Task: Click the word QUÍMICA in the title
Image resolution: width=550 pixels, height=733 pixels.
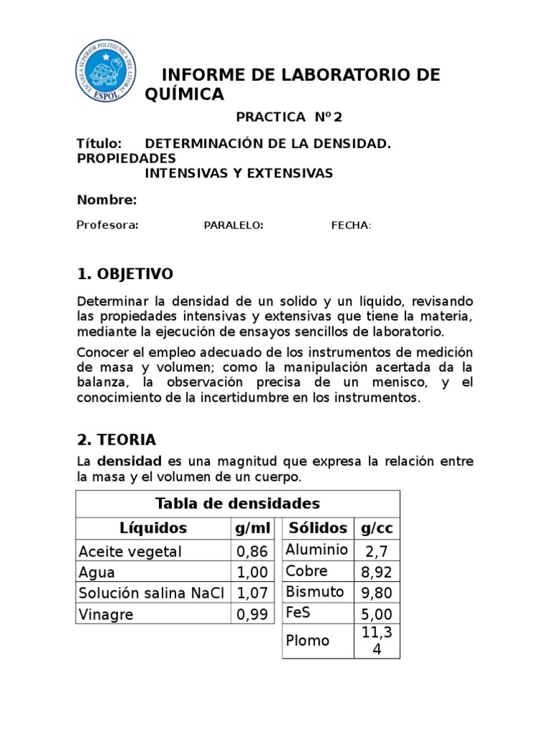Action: [x=184, y=94]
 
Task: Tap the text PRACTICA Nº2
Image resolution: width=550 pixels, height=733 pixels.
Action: [x=284, y=117]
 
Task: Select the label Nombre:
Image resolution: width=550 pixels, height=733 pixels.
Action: [x=107, y=200]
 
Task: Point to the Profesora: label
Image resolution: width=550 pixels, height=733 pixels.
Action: [x=107, y=225]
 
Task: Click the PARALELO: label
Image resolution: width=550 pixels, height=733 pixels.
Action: [x=233, y=225]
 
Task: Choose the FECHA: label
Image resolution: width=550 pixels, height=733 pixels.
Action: [x=351, y=225]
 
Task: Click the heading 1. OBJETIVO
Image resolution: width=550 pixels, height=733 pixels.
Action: [x=125, y=274]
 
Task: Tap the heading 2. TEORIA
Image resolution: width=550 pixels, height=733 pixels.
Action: [x=116, y=439]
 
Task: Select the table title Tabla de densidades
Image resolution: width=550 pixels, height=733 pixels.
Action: [x=237, y=503]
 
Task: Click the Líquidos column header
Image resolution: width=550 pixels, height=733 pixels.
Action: [x=153, y=528]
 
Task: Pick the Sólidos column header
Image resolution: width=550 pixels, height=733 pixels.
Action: [x=317, y=528]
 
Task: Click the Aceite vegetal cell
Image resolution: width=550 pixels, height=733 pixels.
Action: [x=130, y=551]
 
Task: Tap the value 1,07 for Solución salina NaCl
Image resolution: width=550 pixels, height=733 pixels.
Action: [x=252, y=593]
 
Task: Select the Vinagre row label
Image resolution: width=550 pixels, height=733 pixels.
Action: [x=106, y=614]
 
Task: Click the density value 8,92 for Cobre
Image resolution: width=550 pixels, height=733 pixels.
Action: [x=377, y=572]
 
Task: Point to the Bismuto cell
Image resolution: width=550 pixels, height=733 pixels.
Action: [x=314, y=592]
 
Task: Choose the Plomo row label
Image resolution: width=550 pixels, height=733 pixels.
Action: [x=307, y=641]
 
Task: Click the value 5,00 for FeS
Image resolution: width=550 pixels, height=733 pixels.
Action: [x=377, y=614]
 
